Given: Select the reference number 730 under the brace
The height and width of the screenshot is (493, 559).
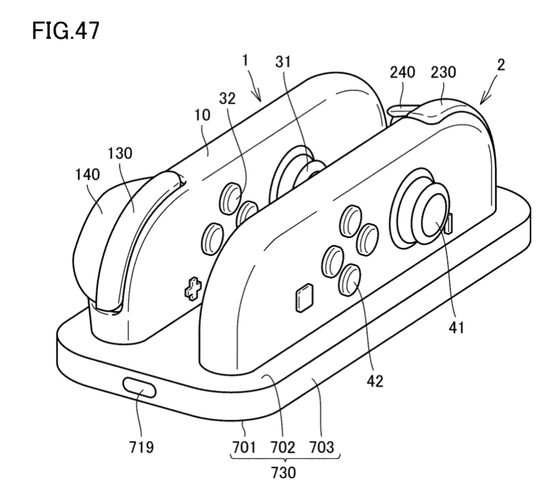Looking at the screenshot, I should pos(285,472).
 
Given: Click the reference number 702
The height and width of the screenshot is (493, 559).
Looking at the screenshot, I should pos(285,447).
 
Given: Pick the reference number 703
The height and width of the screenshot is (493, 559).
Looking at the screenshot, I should pos(323,447).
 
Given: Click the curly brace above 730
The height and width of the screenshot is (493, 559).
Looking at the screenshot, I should pos(285,458).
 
